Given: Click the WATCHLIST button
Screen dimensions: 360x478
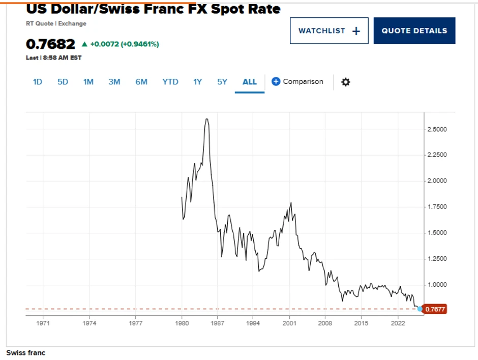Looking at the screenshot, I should pyautogui.click(x=329, y=31).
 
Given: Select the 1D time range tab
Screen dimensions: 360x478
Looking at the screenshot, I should pyautogui.click(x=38, y=81).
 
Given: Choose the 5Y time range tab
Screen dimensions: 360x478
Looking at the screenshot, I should pyautogui.click(x=222, y=81).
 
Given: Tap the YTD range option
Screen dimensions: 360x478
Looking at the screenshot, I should pyautogui.click(x=170, y=81).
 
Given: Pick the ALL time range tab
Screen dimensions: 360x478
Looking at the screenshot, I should pyautogui.click(x=250, y=81).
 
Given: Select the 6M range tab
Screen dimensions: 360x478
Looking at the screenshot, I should pyautogui.click(x=141, y=81).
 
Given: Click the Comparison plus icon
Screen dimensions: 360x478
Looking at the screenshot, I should pyautogui.click(x=276, y=81).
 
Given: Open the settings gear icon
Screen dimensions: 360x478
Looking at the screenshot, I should pyautogui.click(x=346, y=82).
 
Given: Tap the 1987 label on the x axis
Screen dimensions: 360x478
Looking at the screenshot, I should pyautogui.click(x=218, y=323).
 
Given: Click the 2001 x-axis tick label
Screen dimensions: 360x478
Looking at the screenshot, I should pyautogui.click(x=289, y=323).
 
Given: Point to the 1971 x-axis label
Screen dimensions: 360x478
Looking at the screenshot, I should pyautogui.click(x=43, y=323).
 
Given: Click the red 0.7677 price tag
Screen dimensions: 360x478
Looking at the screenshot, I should pyautogui.click(x=435, y=309).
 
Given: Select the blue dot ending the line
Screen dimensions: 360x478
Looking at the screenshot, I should pyautogui.click(x=420, y=309).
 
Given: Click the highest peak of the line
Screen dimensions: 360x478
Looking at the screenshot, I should pyautogui.click(x=206, y=119).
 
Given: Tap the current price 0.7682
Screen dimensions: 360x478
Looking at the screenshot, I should pyautogui.click(x=50, y=44).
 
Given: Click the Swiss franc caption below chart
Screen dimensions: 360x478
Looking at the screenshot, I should pyautogui.click(x=25, y=352).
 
